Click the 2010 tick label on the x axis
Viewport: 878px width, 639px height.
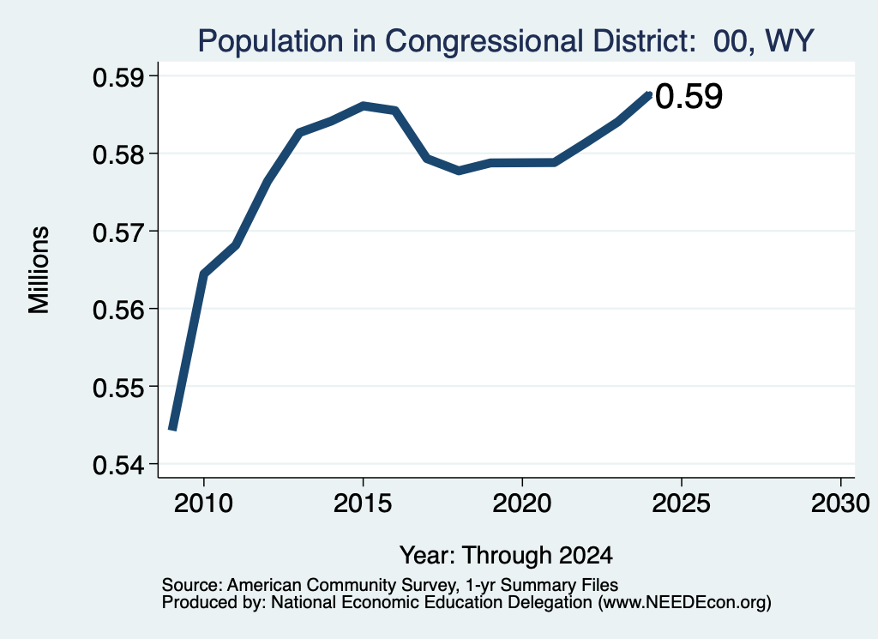pos(203,503)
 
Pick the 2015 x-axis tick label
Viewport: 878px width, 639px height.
pos(363,503)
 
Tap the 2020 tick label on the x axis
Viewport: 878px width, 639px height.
pos(522,503)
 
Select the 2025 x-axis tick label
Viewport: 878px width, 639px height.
pos(682,503)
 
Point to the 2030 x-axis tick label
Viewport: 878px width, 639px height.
pos(840,503)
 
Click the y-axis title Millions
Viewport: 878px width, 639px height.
pos(39,270)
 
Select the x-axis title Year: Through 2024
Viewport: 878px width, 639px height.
pos(506,555)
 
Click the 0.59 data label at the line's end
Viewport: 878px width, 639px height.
pos(689,96)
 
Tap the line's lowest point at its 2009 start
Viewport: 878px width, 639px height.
pos(172,430)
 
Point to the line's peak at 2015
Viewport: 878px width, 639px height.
pos(363,105)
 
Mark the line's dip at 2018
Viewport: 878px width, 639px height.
pos(459,170)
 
